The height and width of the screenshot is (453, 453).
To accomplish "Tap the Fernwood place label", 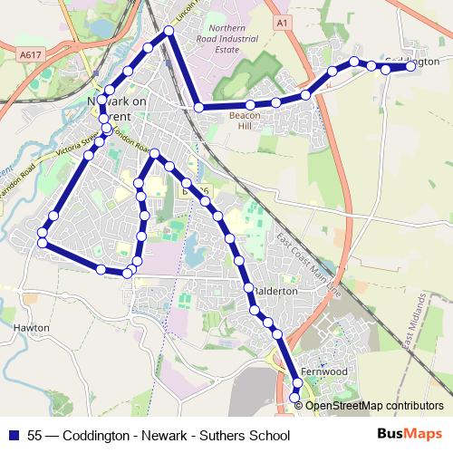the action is point(323,372).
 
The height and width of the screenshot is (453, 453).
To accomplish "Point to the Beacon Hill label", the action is point(245,121).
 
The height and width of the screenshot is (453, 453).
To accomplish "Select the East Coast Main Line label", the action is point(306,263).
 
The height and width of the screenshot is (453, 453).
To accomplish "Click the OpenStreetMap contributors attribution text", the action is point(374,406).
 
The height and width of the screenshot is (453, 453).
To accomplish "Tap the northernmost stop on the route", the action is point(169,32).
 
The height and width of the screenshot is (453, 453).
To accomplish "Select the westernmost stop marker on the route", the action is point(42,242).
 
